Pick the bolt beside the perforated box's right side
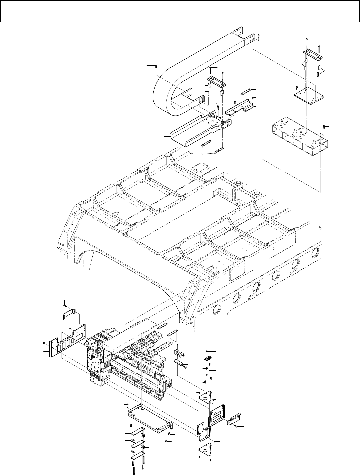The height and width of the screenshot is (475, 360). pos(324,127)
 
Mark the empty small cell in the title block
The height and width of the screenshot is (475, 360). pos(28,11)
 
